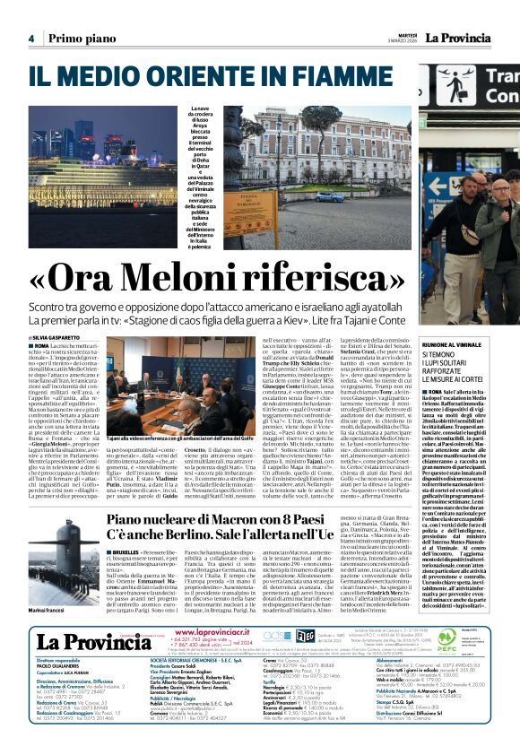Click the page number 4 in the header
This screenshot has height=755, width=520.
(30, 38)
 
